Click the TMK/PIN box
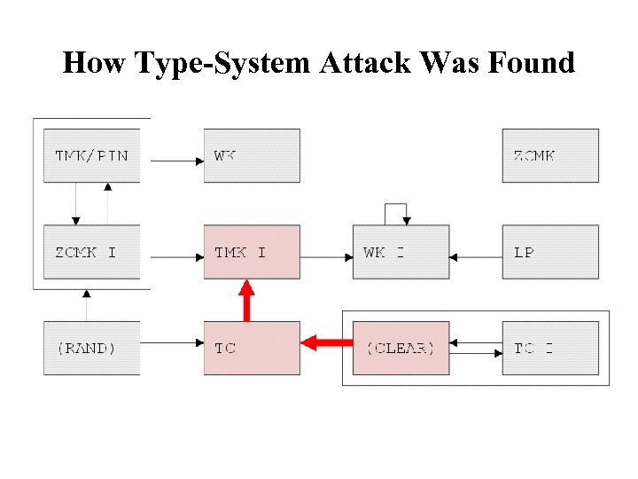[91, 156]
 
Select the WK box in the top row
[252, 156]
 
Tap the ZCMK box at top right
[550, 156]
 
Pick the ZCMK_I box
[91, 252]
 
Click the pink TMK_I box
[252, 252]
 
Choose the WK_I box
[401, 252]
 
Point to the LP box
[550, 252]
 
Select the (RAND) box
[91, 348]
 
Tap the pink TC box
[252, 348]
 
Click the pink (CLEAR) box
[401, 348]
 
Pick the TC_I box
[550, 348]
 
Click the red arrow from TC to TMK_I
[247, 301]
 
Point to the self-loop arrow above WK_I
[396, 212]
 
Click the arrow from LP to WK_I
[476, 257]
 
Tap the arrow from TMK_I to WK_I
[326, 257]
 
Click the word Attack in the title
[363, 63]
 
